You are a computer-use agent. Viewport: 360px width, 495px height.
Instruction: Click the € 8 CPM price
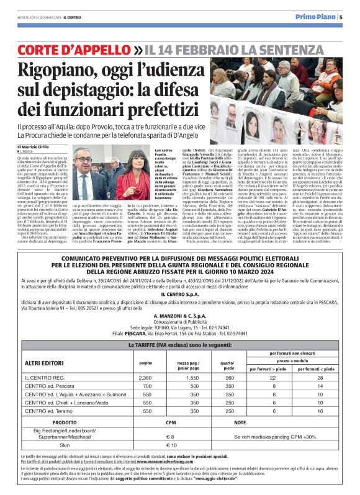[174, 437]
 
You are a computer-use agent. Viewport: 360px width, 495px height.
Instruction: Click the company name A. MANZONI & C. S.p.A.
[180, 314]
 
